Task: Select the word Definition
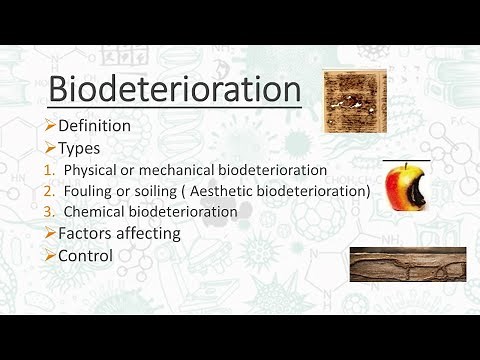(94, 126)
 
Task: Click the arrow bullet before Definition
(51, 126)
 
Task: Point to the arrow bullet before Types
(51, 147)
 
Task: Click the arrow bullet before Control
(51, 255)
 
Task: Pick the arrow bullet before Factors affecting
(51, 233)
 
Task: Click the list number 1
(52, 169)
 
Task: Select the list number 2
(52, 190)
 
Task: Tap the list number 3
(52, 211)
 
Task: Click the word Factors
(87, 233)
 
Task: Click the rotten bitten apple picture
(405, 187)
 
